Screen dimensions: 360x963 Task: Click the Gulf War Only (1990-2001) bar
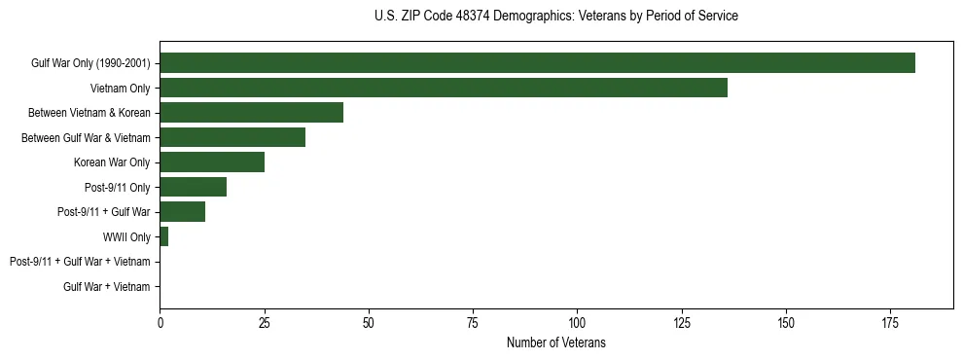(x=537, y=63)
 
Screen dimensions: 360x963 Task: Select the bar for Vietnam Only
(x=443, y=88)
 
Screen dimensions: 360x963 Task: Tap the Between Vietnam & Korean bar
(x=251, y=113)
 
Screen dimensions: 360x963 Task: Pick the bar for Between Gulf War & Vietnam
(x=232, y=137)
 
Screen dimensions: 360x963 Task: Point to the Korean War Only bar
(x=212, y=162)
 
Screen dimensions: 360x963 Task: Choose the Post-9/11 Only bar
(x=193, y=187)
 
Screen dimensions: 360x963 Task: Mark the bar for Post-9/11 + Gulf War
(x=182, y=212)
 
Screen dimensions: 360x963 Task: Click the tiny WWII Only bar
(x=163, y=236)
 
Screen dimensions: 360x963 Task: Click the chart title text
(x=555, y=17)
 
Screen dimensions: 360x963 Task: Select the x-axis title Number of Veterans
(x=555, y=342)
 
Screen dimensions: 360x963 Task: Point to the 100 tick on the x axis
(x=577, y=322)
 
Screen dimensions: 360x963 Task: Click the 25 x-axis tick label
(x=264, y=322)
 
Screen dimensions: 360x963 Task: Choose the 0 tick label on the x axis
(x=160, y=322)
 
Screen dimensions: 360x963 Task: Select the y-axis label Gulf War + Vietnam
(x=107, y=287)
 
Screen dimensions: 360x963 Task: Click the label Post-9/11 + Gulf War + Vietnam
(x=80, y=262)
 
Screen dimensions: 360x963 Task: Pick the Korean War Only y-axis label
(x=112, y=162)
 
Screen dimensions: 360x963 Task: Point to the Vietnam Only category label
(x=121, y=89)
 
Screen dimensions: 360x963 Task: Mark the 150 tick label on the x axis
(x=786, y=322)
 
